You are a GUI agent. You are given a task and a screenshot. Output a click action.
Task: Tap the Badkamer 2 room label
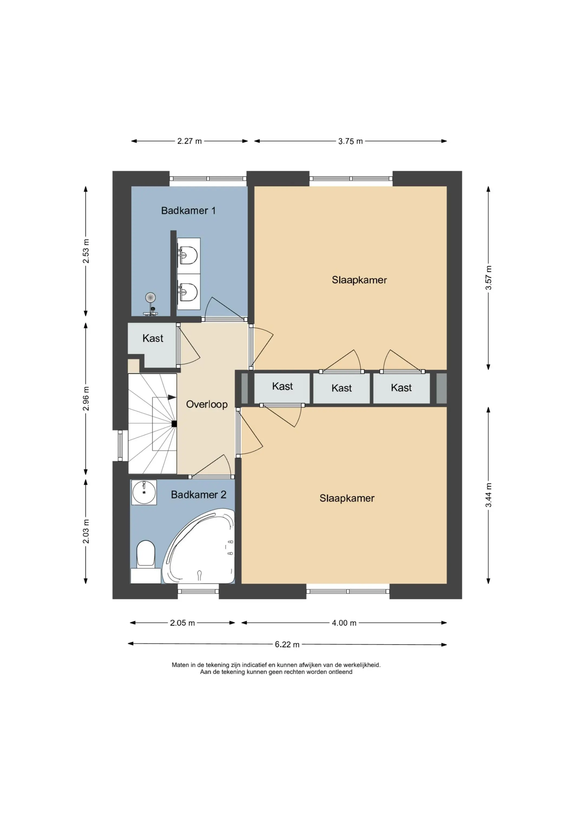coord(198,495)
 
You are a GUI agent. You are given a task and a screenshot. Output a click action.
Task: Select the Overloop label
coord(207,404)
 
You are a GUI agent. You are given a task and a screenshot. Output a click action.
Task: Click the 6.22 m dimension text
coord(287,644)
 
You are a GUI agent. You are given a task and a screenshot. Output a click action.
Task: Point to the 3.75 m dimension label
coord(350,141)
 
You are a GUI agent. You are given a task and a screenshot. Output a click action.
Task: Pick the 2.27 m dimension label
coord(189,141)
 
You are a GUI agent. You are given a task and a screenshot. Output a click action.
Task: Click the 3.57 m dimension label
coord(488,278)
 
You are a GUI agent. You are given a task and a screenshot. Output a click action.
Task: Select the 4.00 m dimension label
coord(344,623)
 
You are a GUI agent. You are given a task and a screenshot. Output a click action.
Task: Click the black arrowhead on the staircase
coord(172,397)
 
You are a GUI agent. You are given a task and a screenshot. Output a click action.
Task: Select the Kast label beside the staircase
coord(153,338)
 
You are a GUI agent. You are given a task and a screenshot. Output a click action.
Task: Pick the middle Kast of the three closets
coord(342,388)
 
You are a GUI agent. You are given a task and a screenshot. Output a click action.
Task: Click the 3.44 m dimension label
coord(488,495)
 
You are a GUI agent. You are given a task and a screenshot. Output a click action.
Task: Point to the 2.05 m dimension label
coord(182,623)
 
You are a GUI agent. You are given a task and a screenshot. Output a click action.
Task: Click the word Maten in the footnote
coord(180,665)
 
